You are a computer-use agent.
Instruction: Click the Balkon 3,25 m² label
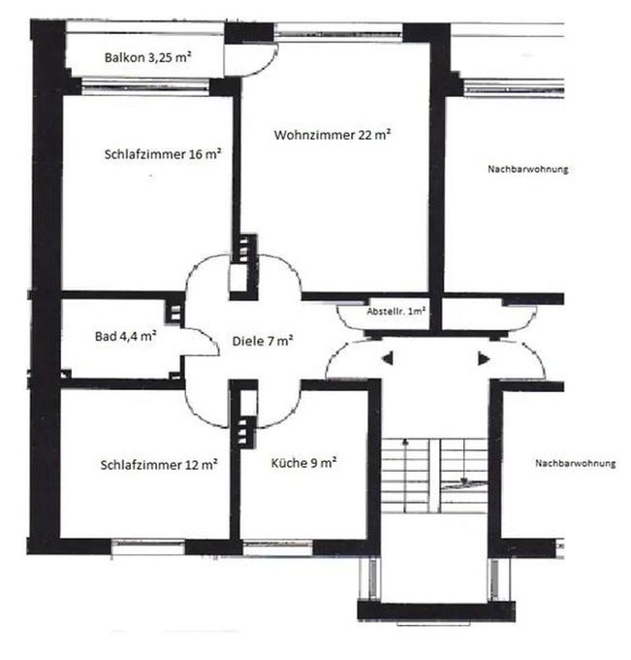click(148, 57)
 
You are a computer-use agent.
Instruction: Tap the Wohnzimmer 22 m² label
click(332, 135)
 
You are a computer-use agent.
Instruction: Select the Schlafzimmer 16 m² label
click(163, 154)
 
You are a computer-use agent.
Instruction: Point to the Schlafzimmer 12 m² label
click(159, 465)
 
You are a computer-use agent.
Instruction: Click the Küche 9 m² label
click(303, 463)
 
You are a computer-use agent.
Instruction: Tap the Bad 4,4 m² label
click(126, 336)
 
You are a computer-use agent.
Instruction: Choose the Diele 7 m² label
click(263, 341)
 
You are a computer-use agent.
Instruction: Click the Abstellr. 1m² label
click(396, 312)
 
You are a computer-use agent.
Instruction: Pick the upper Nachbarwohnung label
click(528, 169)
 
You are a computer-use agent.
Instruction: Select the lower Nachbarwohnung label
click(575, 463)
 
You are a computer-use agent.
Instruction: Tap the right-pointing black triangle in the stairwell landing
click(484, 359)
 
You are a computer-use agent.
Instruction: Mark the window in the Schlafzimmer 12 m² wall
click(148, 547)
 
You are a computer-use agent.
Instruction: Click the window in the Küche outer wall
click(278, 548)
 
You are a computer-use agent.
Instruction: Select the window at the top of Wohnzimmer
click(339, 32)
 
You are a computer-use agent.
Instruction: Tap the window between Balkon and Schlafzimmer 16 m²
click(145, 86)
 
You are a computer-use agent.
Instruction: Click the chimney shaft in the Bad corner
click(174, 313)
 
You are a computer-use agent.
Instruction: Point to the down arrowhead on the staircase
click(464, 481)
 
